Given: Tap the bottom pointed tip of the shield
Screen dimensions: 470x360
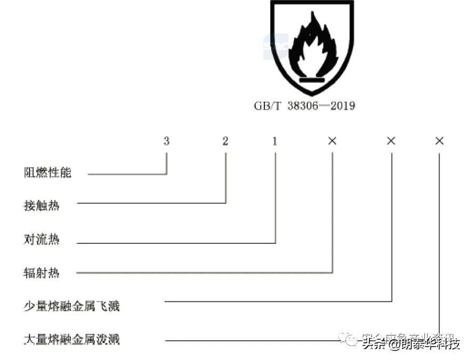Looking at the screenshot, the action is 312,94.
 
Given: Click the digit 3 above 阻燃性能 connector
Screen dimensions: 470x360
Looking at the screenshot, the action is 167,141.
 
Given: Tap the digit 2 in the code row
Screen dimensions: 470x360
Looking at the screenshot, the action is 225,141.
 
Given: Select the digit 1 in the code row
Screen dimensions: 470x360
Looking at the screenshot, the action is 275,141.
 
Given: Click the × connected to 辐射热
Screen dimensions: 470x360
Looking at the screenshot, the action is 333,141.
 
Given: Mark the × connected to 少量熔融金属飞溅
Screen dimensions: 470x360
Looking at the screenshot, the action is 391,141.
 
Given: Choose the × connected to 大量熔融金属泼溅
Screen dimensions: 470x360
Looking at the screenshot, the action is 440,141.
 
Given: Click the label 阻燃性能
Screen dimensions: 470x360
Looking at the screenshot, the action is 47,173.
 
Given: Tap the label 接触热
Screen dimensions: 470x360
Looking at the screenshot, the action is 42,206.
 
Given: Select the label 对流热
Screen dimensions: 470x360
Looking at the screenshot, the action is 42,240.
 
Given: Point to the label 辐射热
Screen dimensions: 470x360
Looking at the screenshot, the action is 42,273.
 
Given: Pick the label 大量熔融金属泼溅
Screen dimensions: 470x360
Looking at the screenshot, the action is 72,339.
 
